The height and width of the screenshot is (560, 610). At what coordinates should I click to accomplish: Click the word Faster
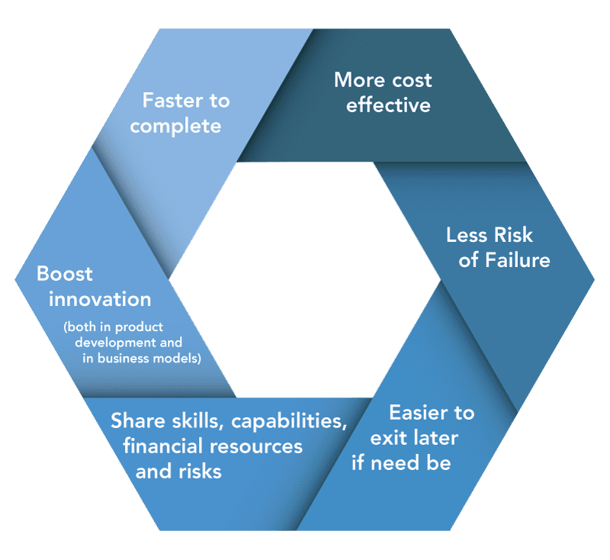173,100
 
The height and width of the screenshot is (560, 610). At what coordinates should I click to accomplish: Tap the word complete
175,127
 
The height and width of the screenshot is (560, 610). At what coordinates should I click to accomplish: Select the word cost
412,81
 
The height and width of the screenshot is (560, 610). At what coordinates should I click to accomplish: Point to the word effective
388,105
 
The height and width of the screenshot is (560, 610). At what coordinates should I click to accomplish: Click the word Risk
513,235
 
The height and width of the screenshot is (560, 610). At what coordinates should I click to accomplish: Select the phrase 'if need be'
401,462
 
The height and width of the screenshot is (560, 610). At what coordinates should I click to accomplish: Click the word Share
138,420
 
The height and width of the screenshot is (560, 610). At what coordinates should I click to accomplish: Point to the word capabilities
289,422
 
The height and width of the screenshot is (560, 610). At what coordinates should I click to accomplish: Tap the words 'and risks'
178,471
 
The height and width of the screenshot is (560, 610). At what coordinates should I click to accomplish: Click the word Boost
65,274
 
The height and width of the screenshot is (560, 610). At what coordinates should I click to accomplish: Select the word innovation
100,299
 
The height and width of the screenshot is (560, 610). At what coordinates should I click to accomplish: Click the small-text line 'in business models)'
142,359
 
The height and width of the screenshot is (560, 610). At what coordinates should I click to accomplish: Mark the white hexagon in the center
304,279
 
